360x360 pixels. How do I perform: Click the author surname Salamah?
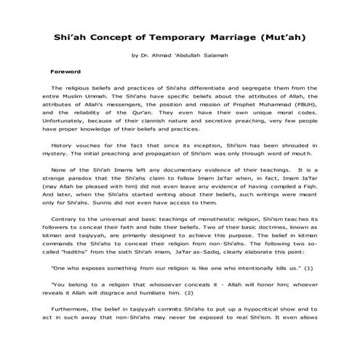tap(213, 55)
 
